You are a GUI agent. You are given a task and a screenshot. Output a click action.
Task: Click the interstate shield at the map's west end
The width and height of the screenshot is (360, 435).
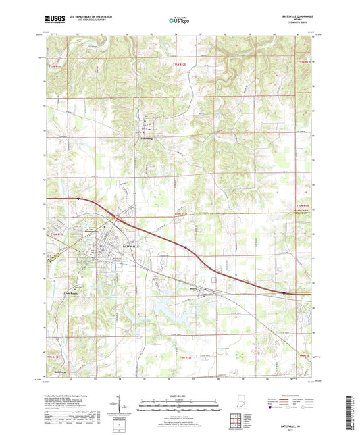click(x=78, y=199)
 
